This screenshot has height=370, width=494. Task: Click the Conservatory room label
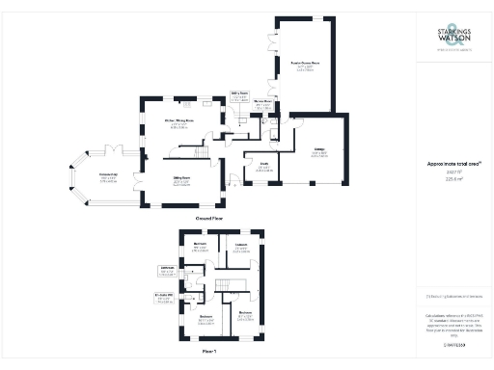coord(108,176)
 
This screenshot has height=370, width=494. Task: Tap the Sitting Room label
coord(180,181)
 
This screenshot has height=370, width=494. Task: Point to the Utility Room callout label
coord(239,95)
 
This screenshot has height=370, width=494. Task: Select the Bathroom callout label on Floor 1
coord(166,271)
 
